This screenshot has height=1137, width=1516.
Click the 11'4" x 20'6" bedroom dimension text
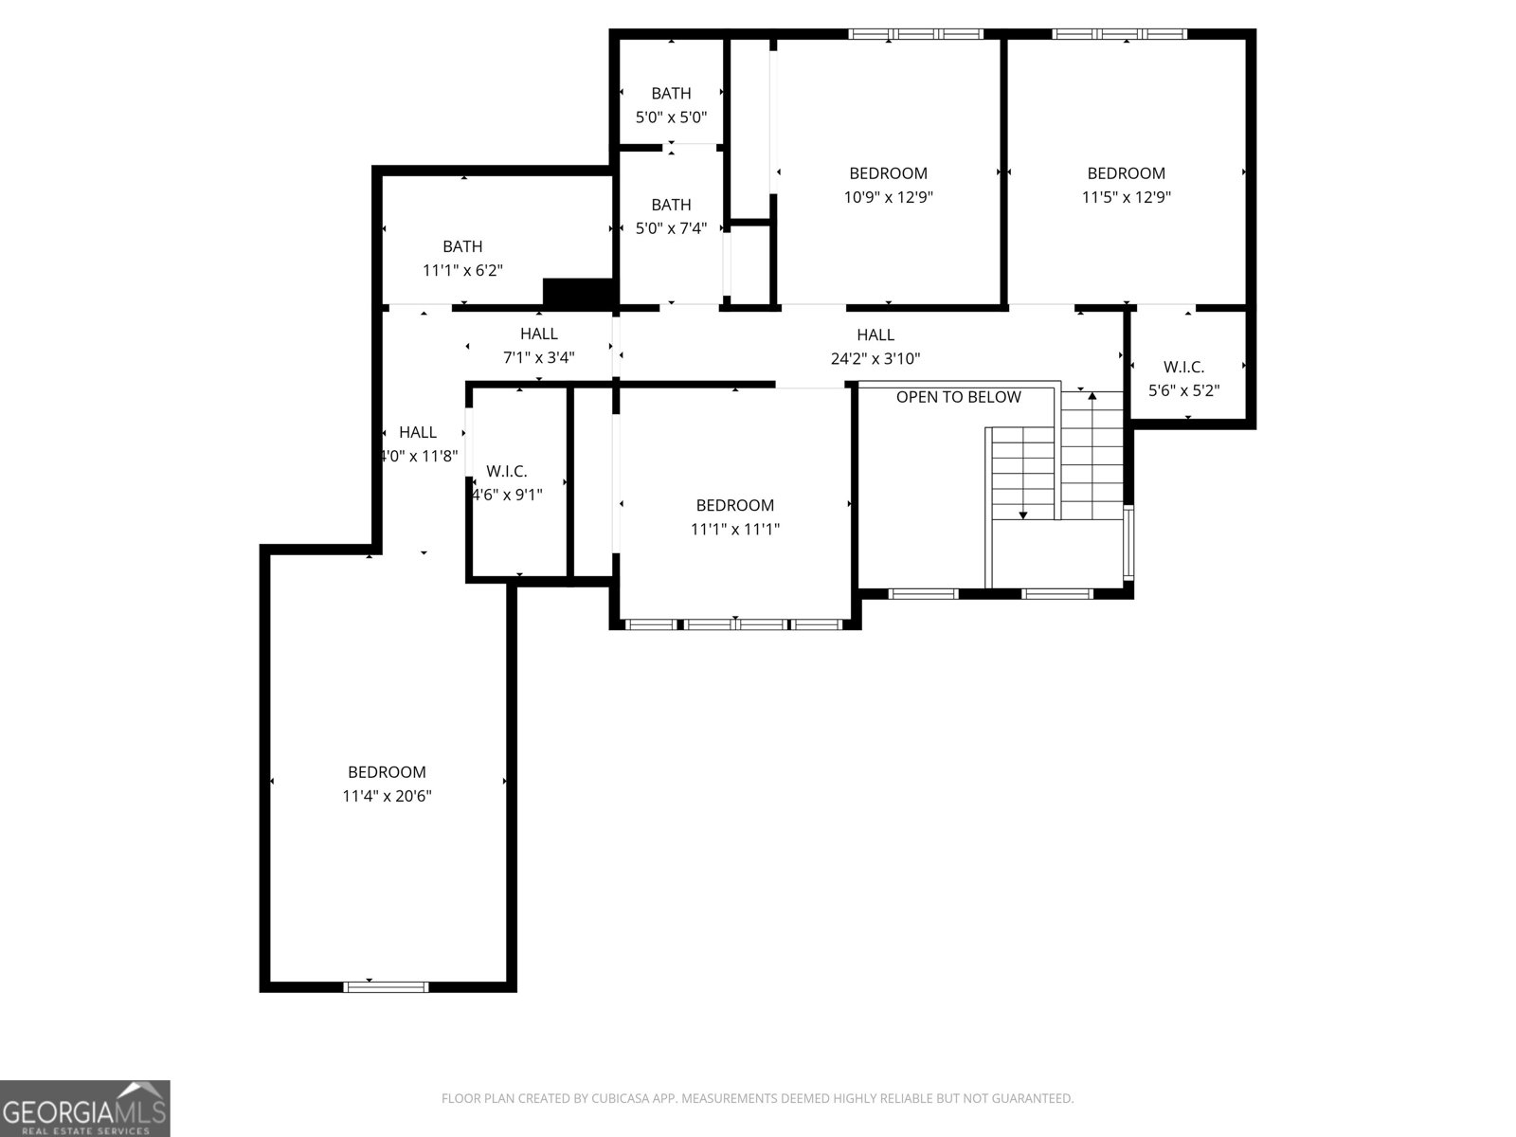[387, 796]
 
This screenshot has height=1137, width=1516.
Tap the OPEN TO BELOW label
[958, 397]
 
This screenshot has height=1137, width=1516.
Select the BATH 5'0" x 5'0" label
[671, 105]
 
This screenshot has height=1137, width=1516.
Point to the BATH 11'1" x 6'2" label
[462, 258]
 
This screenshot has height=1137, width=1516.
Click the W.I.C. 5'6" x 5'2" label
[1183, 378]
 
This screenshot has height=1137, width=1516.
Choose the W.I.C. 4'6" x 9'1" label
[507, 482]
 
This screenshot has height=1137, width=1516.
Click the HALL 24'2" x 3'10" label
[875, 347]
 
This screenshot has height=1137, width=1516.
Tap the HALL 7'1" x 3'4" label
[538, 346]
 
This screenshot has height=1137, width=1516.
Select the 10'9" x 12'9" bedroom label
[888, 185]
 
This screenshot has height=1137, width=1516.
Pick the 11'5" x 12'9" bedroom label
[1126, 185]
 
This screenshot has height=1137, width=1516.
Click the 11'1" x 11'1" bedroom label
[734, 517]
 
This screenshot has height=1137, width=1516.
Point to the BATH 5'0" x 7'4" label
[671, 216]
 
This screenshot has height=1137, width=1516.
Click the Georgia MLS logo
[85, 1108]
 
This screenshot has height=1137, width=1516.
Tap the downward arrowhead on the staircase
[1022, 514]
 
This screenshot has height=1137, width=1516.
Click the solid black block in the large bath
[578, 293]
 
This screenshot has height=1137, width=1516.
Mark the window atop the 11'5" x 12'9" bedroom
[1119, 34]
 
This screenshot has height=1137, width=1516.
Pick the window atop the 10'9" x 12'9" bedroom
[915, 34]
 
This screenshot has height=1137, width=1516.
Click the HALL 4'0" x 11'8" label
[418, 443]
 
